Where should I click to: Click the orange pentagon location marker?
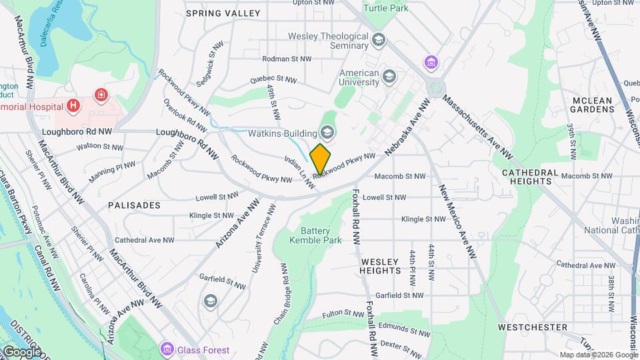pyautogui.click(x=321, y=159)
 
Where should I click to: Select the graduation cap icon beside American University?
pyautogui.click(x=389, y=79)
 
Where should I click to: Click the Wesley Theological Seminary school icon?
pyautogui.click(x=379, y=41)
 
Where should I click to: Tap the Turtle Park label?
pyautogui.click(x=389, y=7)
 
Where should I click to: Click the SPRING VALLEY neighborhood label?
pyautogui.click(x=214, y=13)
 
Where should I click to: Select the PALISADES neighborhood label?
pyautogui.click(x=134, y=205)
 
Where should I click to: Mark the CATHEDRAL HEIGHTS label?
pyautogui.click(x=531, y=176)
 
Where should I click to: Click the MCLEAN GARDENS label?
pyautogui.click(x=592, y=105)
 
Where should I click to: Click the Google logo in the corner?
pyautogui.click(x=22, y=352)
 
